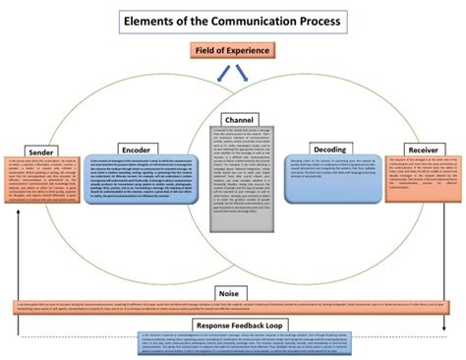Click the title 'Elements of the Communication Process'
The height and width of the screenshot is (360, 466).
[232, 20]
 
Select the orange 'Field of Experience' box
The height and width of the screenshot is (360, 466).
[233, 49]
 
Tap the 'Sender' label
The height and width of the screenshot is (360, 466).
[41, 152]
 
